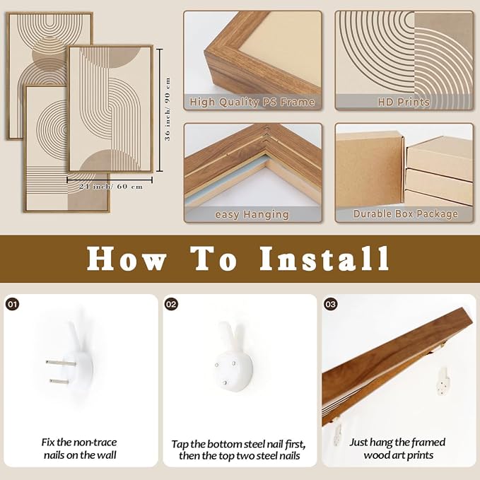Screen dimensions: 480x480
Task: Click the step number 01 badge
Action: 12,304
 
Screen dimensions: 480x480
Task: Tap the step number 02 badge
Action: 171,304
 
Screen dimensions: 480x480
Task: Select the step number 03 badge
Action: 331,304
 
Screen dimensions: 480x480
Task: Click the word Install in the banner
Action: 324,259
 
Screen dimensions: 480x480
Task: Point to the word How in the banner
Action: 127,259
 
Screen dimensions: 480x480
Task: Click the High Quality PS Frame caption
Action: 252,102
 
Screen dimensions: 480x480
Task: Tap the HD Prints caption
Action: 404,102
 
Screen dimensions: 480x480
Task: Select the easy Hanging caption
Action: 252,215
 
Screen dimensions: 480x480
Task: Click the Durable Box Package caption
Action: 405,213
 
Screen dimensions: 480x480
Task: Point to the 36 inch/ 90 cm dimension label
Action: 168,110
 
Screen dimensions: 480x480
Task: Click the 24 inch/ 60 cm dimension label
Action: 111,186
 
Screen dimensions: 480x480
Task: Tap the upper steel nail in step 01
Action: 61,363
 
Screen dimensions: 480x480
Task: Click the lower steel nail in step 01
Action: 59,381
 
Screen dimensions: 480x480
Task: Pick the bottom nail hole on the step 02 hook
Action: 225,382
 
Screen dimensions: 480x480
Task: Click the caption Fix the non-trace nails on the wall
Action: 80,449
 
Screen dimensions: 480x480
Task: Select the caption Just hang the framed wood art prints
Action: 398,449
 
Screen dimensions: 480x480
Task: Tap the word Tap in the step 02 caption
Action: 179,445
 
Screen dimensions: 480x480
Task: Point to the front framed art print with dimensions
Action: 110,109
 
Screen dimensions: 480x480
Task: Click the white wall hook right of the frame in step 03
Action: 443,380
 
